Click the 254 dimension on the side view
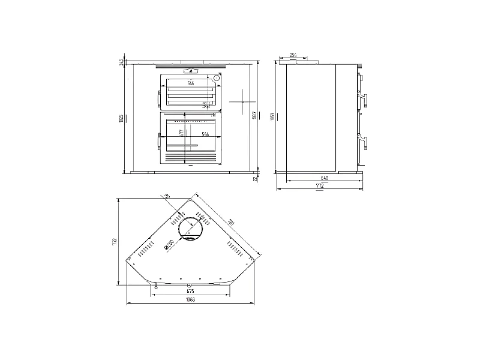pyautogui.click(x=293, y=55)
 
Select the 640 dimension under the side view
pyautogui.click(x=324, y=178)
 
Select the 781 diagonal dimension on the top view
pyautogui.click(x=230, y=223)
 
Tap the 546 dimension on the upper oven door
pyautogui.click(x=190, y=83)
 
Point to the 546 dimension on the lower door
pyautogui.click(x=205, y=134)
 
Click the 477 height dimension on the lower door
pyautogui.click(x=181, y=133)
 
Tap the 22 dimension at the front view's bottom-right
pyautogui.click(x=255, y=178)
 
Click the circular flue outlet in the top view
pyautogui.click(x=192, y=227)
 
